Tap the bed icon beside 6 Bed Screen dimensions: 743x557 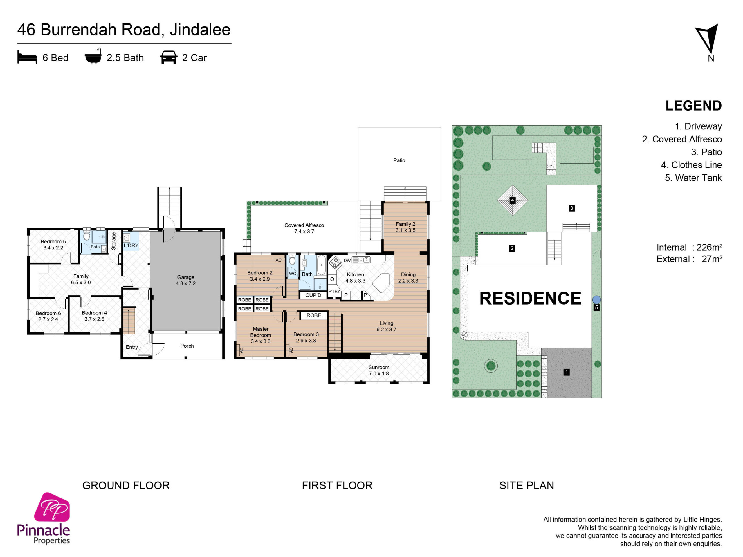coord(27,57)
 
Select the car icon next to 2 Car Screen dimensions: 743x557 coord(169,57)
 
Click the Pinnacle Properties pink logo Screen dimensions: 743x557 coord(52,507)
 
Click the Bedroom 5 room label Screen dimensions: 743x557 coord(53,241)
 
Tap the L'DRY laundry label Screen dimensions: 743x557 coord(131,245)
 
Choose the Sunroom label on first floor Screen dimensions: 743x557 coord(379,367)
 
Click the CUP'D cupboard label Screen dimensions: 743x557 coord(313,295)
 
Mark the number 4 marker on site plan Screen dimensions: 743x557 coord(513,200)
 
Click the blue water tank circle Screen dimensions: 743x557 coord(596,299)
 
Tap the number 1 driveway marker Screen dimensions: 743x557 coord(567,372)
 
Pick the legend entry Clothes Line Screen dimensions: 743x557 coord(691,165)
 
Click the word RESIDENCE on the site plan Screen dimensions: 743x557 coord(530,298)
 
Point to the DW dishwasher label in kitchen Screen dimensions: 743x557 coord(347,261)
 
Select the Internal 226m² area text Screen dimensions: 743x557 coord(689,247)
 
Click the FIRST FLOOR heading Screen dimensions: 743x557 coord(337,485)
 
